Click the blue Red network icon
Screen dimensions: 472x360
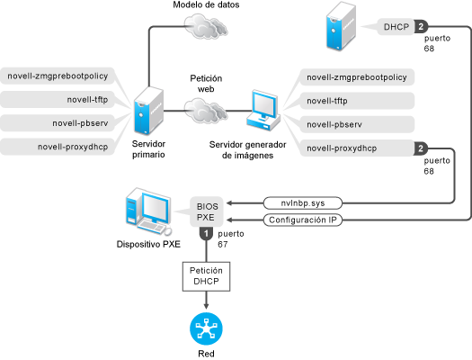206,328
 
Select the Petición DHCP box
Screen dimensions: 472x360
206,276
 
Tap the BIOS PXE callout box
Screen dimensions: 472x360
207,211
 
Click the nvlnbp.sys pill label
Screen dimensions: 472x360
303,203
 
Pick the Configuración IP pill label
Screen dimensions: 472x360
303,220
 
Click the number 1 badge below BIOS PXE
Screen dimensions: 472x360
206,234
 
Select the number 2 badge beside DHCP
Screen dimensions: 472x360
421,27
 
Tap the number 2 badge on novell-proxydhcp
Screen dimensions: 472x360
421,148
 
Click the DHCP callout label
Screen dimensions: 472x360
396,27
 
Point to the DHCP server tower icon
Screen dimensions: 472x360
341,26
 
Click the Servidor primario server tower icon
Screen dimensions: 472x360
148,111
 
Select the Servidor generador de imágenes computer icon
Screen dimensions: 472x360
263,111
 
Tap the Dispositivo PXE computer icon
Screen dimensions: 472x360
148,211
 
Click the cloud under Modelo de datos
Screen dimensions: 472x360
206,26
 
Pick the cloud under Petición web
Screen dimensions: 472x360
206,111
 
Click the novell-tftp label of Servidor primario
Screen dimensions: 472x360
87,99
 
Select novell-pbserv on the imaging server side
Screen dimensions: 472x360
334,124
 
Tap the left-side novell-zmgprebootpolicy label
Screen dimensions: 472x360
58,76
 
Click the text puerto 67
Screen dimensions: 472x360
230,238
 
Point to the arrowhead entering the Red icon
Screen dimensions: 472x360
206,306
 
